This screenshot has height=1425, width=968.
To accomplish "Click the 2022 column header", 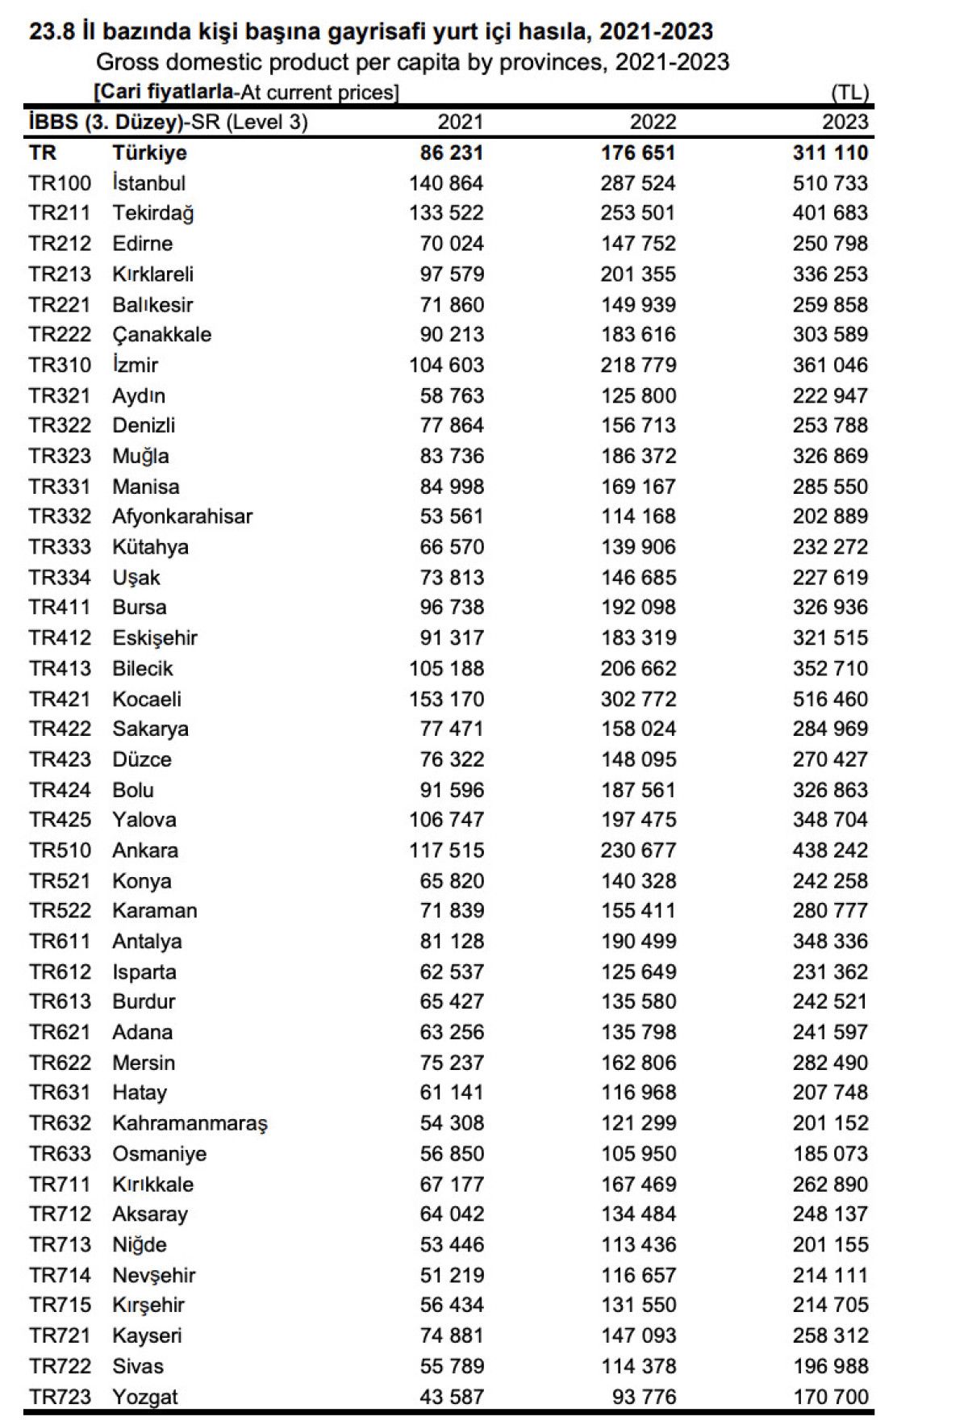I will point(653,122).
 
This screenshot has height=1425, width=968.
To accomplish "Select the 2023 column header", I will point(845,122).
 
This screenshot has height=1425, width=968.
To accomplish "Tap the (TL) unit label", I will point(850,93).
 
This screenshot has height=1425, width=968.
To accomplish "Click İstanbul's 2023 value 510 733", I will point(830,183).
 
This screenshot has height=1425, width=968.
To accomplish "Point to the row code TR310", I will point(60,366).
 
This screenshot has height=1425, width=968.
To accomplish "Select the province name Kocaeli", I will point(147,700).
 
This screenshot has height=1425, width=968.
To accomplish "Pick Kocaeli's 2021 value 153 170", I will point(446,700).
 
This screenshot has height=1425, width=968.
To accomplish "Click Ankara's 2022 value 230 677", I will point(638,850).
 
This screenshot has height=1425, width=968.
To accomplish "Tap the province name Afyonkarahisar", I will point(182,516).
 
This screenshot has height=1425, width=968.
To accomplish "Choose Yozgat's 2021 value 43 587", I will point(452,1397).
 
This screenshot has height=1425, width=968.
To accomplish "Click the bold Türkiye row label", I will point(150,153).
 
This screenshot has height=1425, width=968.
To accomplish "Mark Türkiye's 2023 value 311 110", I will point(830,153).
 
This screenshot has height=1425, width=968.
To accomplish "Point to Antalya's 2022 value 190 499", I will point(638,942).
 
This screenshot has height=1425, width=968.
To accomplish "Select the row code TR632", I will point(60,1123).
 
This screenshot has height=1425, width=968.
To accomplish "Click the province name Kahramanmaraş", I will point(190,1123).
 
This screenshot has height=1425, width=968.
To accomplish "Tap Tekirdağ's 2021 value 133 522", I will point(446,213).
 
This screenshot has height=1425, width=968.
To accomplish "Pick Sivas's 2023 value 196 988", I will point(830,1366).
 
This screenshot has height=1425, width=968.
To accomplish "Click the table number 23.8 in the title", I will point(52,32).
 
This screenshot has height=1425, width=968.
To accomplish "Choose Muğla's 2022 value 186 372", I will point(638,456).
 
